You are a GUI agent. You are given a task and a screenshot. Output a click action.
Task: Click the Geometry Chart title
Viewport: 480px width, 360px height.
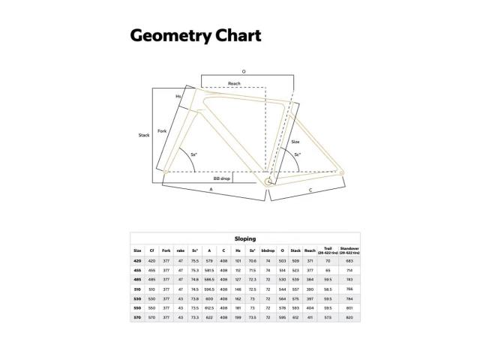[x=195, y=35]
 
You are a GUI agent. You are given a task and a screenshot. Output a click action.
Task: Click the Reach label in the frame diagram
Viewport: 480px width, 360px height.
[x=235, y=84]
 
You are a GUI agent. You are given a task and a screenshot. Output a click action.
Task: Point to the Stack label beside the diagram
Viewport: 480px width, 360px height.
[x=144, y=135]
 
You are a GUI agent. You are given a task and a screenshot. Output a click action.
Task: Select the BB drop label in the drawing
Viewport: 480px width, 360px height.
[x=221, y=179]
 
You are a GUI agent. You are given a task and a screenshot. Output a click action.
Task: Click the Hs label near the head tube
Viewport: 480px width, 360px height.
[x=178, y=96]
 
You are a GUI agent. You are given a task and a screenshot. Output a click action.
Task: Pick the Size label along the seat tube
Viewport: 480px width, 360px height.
[x=295, y=141]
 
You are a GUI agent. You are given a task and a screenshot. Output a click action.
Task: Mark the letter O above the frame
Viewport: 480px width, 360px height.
[x=244, y=71]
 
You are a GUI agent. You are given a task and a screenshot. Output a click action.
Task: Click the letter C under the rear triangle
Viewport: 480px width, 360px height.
[x=310, y=191]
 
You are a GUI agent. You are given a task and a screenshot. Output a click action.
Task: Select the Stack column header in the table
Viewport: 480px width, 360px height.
[x=295, y=250]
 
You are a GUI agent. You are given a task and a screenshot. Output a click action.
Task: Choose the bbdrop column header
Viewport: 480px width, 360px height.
[x=268, y=250]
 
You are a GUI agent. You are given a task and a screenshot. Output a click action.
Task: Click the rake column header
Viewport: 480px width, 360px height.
[x=181, y=250]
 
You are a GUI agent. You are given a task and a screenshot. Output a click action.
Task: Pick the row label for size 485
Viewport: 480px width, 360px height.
[x=137, y=279]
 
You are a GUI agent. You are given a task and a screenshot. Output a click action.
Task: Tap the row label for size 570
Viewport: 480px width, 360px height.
[x=137, y=316]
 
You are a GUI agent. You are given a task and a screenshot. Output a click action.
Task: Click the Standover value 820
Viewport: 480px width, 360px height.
[x=349, y=316]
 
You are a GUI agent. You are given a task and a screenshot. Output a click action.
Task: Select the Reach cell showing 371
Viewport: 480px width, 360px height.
[x=310, y=260]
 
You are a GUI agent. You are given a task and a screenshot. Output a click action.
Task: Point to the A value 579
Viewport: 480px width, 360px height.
[x=210, y=260]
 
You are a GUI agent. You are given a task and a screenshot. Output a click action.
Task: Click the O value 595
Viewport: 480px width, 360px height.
[x=282, y=316]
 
